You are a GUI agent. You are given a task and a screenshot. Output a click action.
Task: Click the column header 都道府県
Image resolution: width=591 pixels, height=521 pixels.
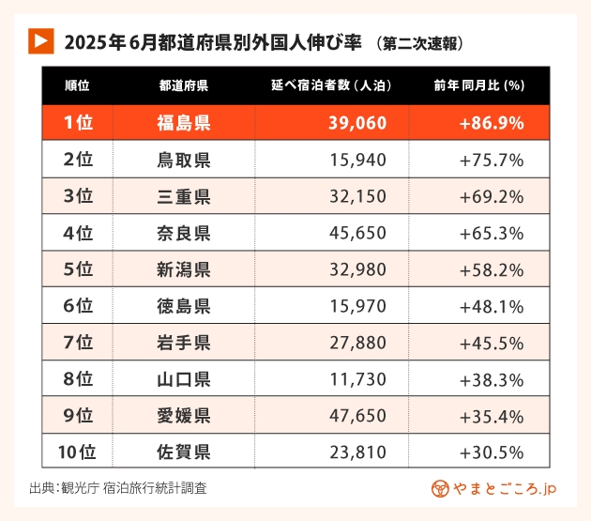[x=184, y=85]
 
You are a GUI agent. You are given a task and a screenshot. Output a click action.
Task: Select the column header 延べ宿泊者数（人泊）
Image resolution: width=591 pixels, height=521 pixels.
[x=330, y=85]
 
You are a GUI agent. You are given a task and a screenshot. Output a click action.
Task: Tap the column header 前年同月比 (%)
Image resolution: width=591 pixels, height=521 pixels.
[x=478, y=85]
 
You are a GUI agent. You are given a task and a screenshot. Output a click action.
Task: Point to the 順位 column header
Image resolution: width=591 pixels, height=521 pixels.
[x=77, y=85]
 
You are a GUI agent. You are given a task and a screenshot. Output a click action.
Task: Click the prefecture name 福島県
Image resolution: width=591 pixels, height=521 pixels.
[x=184, y=123]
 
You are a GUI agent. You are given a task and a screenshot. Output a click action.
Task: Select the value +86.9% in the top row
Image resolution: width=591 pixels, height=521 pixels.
[x=492, y=123]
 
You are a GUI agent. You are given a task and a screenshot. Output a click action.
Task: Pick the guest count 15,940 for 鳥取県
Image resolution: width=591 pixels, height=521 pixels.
[x=357, y=160]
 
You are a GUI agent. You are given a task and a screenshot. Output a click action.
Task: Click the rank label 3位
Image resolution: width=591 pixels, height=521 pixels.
[x=78, y=196]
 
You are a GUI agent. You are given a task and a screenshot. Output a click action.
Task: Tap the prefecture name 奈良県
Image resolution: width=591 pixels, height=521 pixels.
[x=184, y=233]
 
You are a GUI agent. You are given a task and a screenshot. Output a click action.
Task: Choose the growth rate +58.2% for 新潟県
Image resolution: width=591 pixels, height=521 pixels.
[x=492, y=269]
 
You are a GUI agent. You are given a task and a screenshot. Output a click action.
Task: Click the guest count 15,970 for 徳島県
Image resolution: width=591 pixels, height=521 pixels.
[x=357, y=306]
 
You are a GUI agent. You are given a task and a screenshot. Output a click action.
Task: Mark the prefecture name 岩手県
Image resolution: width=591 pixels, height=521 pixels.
[x=184, y=343]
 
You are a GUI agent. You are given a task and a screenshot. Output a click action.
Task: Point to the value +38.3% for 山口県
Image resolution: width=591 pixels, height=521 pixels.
[x=492, y=379]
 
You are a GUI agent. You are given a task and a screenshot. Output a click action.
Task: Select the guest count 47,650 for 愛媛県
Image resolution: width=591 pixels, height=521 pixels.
[x=357, y=416]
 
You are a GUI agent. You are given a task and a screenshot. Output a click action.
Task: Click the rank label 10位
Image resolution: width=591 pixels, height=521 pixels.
[x=77, y=452]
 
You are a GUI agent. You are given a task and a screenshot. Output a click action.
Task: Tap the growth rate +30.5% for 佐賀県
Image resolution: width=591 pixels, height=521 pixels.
[x=492, y=452]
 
